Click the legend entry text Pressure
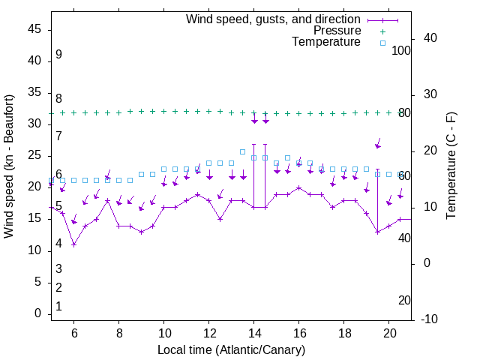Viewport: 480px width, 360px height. pyautogui.click(x=337, y=31)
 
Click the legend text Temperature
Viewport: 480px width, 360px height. pyautogui.click(x=326, y=42)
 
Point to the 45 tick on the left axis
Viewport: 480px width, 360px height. pyautogui.click(x=35, y=29)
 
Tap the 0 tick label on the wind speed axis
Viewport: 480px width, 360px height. pyautogui.click(x=38, y=313)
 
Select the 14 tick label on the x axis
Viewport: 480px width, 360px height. pyautogui.click(x=254, y=332)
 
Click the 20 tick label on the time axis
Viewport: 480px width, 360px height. pyautogui.click(x=389, y=332)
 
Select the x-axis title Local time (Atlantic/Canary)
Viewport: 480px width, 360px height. pyautogui.click(x=232, y=349)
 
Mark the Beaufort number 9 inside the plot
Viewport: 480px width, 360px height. pyautogui.click(x=58, y=55)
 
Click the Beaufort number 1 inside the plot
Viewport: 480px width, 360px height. pyautogui.click(x=58, y=307)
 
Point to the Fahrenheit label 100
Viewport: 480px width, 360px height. pyautogui.click(x=401, y=51)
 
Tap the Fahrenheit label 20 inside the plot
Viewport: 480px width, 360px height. pyautogui.click(x=404, y=301)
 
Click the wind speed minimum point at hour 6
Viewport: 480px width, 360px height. pyautogui.click(x=74, y=244)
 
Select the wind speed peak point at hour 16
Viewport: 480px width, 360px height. pyautogui.click(x=299, y=188)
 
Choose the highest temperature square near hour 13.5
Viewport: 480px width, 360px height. pyautogui.click(x=243, y=152)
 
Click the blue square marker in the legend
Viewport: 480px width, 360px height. pyautogui.click(x=382, y=43)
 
